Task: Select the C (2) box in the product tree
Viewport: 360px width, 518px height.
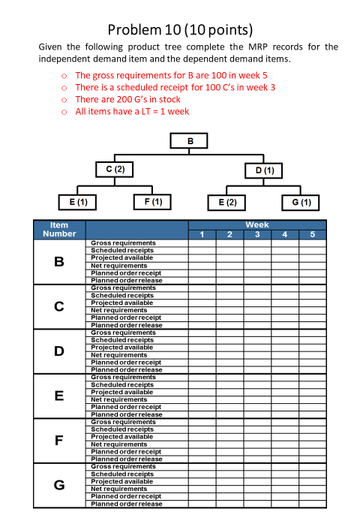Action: pos(115,170)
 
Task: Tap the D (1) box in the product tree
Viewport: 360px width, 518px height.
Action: pos(265,170)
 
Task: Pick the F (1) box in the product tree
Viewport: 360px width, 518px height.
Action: pos(152,202)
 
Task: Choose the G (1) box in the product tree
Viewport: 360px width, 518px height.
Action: pos(301,202)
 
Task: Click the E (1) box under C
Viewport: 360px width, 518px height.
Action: pos(77,202)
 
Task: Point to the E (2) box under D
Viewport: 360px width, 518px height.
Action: pos(227,202)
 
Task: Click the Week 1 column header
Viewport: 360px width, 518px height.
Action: pos(202,235)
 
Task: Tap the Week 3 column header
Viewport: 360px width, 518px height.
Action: pos(257,235)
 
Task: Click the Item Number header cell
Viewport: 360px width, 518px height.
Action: pos(59,230)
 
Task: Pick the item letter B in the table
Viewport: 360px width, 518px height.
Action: pos(59,262)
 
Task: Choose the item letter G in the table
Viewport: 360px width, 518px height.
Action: pos(59,485)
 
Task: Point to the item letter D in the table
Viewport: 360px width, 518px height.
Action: pos(59,351)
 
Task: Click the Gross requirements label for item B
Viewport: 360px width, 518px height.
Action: pos(123,243)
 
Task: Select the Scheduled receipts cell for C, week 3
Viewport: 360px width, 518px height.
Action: pos(257,295)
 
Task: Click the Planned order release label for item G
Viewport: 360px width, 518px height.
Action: pos(126,504)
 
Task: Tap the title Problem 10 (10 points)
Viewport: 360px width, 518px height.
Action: pos(180,30)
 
